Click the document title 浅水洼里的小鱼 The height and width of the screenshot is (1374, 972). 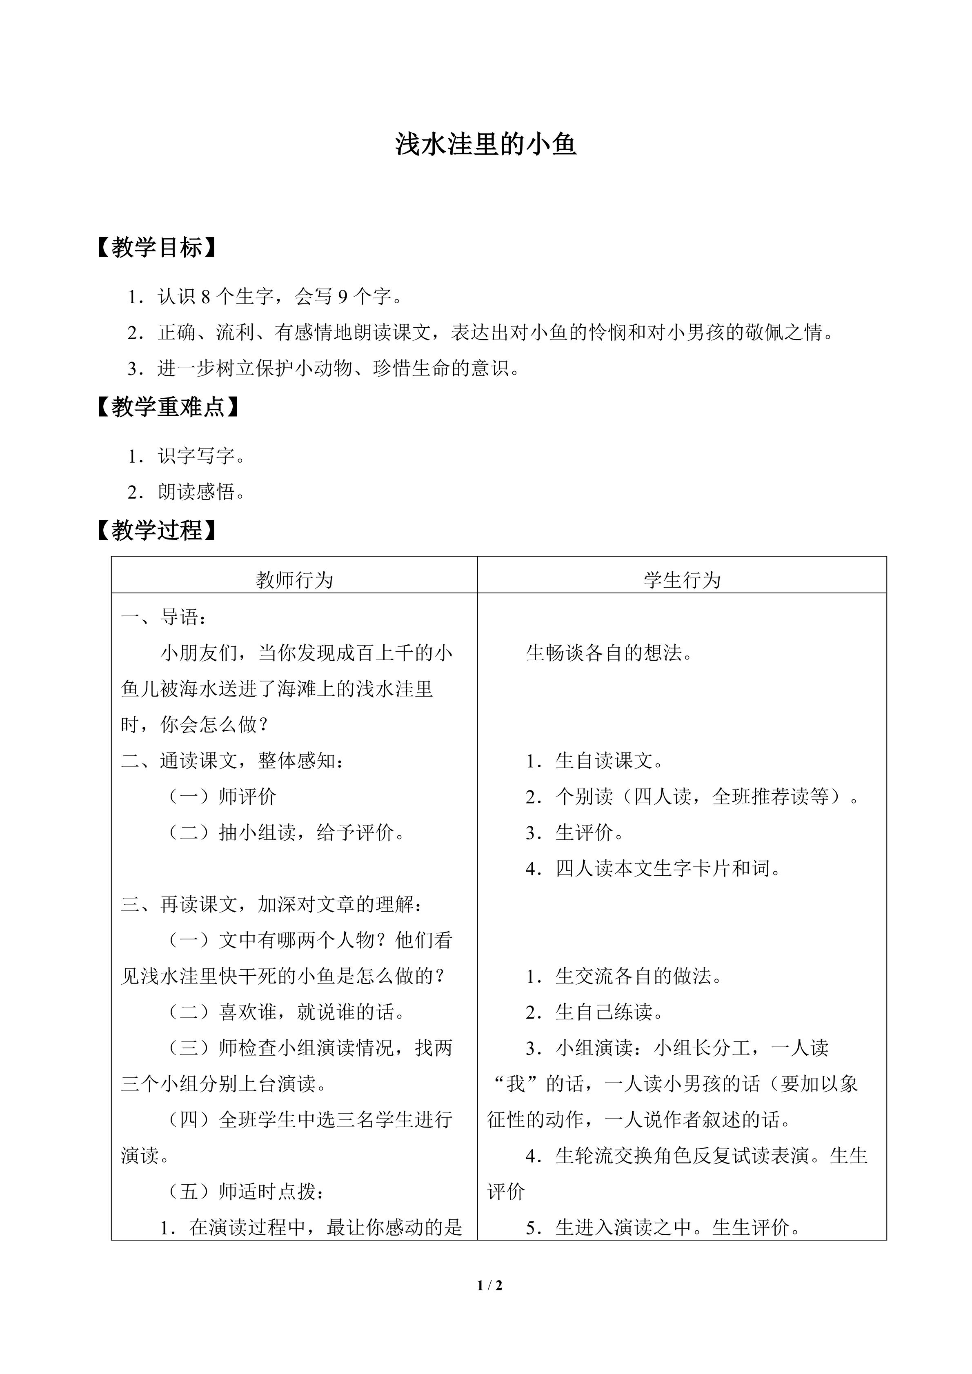pos(485,145)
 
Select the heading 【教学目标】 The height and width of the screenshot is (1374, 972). pos(157,248)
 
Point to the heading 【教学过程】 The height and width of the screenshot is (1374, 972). pos(157,530)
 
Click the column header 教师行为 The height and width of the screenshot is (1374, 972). pos(294,580)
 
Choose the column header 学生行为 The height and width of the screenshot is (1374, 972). pos(682,580)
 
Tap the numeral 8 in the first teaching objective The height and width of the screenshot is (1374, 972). pos(206,297)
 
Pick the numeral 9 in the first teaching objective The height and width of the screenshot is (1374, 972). pos(343,297)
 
